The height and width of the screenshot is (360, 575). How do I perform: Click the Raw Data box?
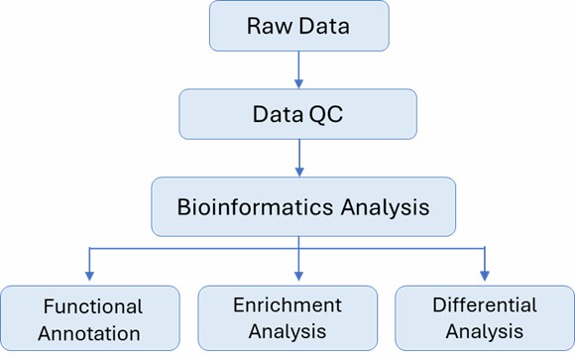coord(298,27)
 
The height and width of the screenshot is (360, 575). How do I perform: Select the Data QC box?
coord(298,114)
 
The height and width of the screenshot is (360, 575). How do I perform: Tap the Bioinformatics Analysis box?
coord(303,205)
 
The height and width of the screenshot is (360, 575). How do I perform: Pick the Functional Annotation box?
coord(90,318)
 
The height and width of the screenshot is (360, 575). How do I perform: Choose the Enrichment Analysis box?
coord(287,318)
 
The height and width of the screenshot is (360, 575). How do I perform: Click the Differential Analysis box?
coord(484,318)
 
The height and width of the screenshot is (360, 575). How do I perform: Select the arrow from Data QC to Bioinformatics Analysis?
coord(298,158)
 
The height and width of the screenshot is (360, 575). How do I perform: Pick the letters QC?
coord(337,114)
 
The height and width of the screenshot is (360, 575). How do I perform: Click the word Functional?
coord(93,306)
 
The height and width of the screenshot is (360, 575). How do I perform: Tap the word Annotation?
coord(93,331)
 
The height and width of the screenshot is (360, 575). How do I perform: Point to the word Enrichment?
coord(287,304)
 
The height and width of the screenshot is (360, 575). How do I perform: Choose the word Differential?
coord(485,304)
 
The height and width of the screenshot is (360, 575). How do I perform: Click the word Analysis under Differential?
coord(485,331)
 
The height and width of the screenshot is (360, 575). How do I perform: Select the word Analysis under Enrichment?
coord(287,331)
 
